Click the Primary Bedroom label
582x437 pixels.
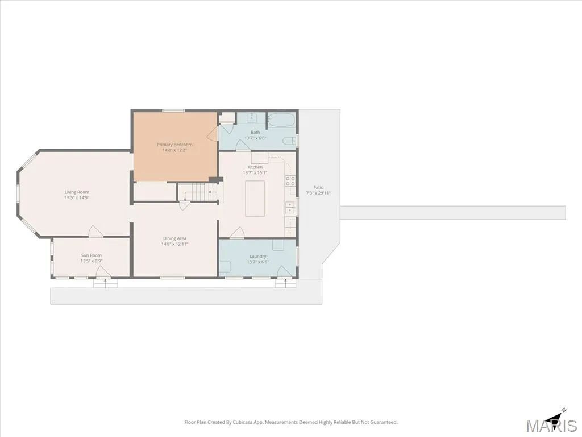174,145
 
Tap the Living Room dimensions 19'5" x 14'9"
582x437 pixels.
77,197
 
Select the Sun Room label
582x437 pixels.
92,255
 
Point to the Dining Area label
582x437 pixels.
174,238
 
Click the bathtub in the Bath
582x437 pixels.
282,121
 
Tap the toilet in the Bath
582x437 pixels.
289,141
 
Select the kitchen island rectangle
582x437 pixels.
255,199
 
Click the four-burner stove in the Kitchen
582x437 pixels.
290,181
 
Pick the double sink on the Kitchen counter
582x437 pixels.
290,208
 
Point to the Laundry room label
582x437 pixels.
257,257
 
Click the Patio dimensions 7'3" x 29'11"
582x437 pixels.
318,193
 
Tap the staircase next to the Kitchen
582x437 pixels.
198,192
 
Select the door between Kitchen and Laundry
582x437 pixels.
237,233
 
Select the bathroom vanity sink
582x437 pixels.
252,117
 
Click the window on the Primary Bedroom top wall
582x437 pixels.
173,110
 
